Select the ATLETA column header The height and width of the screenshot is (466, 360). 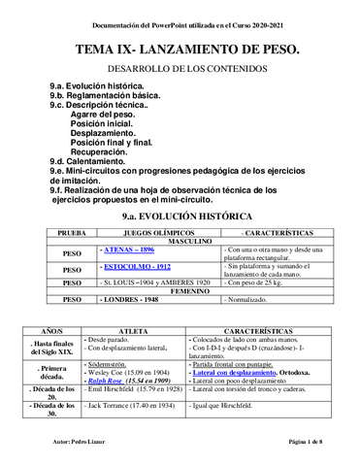[136, 331]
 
